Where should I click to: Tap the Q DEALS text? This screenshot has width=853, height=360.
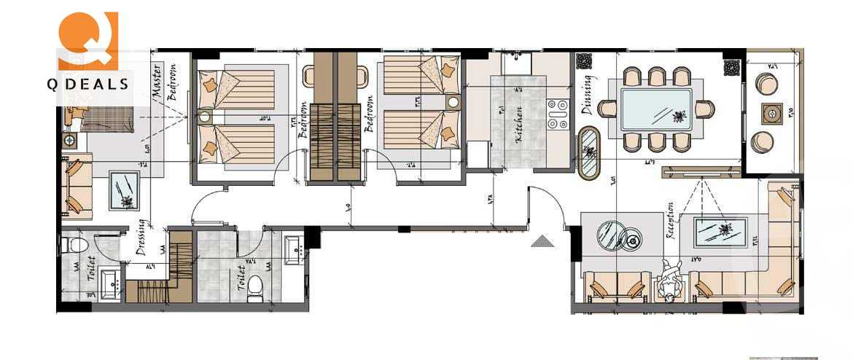click(88, 84)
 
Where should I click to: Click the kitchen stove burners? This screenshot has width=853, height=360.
click(557, 114)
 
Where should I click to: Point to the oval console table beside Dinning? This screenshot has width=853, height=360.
click(588, 153)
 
